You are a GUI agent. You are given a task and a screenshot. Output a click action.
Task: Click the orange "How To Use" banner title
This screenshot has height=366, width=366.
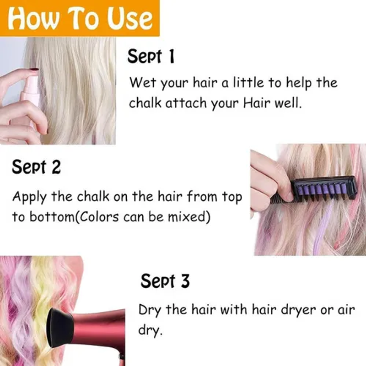80,18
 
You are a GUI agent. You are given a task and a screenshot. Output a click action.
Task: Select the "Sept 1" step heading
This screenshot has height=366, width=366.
151,56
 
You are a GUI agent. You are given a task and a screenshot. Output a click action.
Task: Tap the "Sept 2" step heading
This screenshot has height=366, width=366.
36,167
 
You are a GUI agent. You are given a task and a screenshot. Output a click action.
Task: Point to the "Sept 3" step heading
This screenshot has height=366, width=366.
165,281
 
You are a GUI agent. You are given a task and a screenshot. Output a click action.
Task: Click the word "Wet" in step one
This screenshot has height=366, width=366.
142,82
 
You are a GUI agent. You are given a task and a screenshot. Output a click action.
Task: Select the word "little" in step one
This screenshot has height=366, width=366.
248,82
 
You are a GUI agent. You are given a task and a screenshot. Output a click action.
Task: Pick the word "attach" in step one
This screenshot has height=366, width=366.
186,103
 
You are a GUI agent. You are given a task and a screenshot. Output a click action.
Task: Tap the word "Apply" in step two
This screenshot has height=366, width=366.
29,197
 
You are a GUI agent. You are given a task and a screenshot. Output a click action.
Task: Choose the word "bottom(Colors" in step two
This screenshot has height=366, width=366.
74,216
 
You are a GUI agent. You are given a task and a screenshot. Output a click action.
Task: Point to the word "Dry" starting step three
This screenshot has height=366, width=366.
150,310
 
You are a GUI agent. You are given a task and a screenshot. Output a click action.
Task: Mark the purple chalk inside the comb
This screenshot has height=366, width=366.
323,188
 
